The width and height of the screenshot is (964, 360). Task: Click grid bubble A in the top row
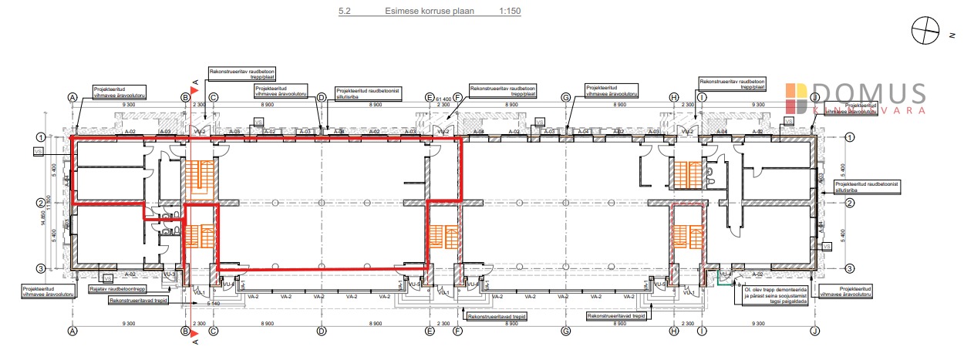[x=73, y=98]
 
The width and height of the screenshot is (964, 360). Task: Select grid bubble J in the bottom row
[x=814, y=331]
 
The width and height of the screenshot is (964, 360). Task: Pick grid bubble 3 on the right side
[x=850, y=268]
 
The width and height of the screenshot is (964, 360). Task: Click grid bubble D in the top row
[x=322, y=98]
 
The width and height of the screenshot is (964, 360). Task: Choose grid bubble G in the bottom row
[x=565, y=331]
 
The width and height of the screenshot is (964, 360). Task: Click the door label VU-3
[x=170, y=274]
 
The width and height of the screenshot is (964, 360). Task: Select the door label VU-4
[x=725, y=274]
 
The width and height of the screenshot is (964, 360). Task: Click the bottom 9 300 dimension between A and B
[x=129, y=324]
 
